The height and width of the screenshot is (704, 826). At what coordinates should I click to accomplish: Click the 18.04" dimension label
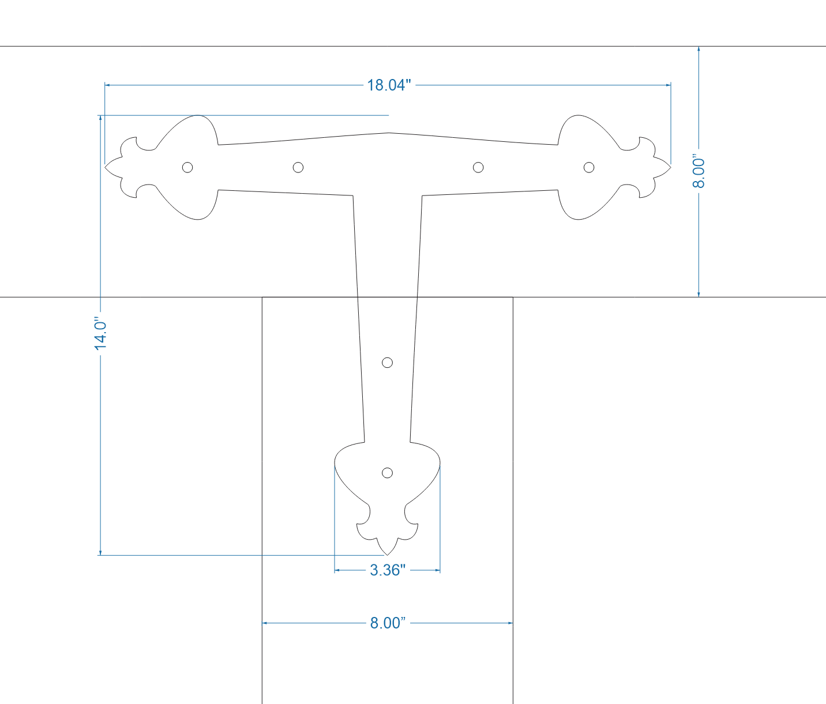389,85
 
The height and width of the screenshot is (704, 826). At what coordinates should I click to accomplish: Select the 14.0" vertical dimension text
101,333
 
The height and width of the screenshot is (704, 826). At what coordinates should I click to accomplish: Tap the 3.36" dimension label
388,570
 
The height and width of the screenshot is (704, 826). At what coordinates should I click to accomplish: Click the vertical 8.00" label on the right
699,171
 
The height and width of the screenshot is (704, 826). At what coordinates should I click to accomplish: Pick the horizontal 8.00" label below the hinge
388,623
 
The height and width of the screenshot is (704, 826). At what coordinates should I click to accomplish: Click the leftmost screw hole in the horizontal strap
187,167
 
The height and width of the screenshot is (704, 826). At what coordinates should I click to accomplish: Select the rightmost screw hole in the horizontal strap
589,167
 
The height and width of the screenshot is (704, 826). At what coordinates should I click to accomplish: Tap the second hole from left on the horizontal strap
298,167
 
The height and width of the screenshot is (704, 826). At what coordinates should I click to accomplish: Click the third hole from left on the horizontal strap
478,167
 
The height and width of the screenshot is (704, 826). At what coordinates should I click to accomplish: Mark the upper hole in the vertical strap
388,362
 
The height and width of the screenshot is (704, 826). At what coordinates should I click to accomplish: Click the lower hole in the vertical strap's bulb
388,473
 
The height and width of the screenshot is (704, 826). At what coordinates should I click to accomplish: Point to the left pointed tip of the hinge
105,167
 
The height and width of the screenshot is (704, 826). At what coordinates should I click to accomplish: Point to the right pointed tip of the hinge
671,167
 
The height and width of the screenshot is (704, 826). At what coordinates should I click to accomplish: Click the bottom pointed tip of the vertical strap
388,555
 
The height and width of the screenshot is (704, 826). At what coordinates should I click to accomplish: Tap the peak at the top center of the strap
388,133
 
